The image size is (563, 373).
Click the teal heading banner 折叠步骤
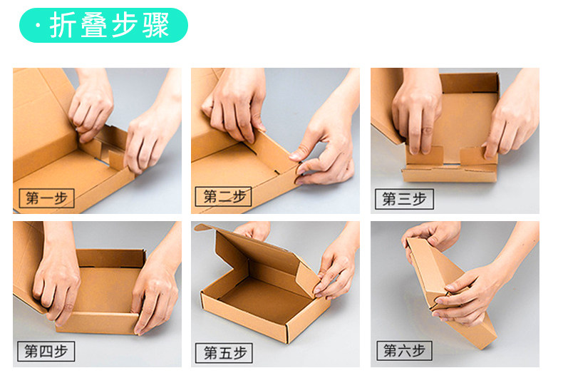click(103, 25)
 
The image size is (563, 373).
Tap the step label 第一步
click(46, 198)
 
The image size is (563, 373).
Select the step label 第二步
click(223, 197)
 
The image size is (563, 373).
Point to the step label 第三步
click(404, 199)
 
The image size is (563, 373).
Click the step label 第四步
click(46, 351)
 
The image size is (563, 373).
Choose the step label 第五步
click(224, 353)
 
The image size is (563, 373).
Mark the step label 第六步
click(404, 350)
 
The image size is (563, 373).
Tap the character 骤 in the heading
click(156, 25)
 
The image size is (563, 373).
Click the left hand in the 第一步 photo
click(91, 104)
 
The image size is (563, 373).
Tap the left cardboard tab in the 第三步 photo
click(425, 155)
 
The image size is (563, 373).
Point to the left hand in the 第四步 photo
click(58, 277)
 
